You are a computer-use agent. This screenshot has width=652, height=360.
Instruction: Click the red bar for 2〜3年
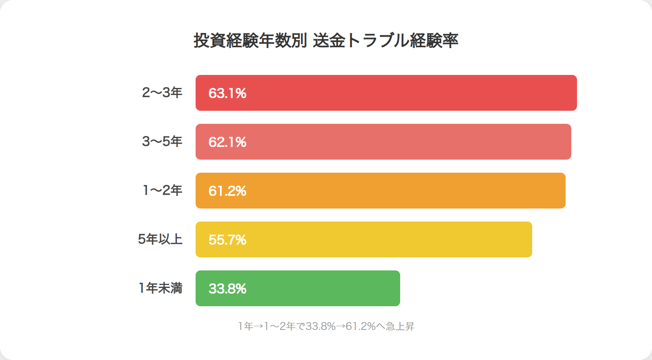386,93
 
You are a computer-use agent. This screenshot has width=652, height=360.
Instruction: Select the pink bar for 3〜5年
383,142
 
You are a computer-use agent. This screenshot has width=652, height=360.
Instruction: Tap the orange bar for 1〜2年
381,191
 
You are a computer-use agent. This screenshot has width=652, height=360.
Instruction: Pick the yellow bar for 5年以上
364,239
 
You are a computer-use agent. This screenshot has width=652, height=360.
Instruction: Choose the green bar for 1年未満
298,288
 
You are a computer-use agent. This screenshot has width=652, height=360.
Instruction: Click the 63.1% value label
227,93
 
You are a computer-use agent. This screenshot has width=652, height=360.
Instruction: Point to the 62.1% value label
227,142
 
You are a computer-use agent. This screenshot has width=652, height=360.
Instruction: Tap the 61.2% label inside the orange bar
227,191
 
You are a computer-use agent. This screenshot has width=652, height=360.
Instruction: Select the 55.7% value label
227,240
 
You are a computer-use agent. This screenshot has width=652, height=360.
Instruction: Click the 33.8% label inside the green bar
227,289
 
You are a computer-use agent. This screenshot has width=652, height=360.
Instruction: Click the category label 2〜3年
162,92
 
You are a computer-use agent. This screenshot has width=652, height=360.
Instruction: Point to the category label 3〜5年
162,141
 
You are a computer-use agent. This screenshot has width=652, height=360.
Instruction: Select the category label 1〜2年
163,190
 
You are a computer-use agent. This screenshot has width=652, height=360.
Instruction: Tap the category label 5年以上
160,239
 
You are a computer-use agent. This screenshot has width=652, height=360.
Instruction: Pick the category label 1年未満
161,288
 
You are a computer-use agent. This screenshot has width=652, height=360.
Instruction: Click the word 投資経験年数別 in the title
250,40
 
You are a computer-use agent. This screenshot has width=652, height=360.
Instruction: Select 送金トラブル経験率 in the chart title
385,40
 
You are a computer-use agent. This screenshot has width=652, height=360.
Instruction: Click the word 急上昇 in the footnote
400,326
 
